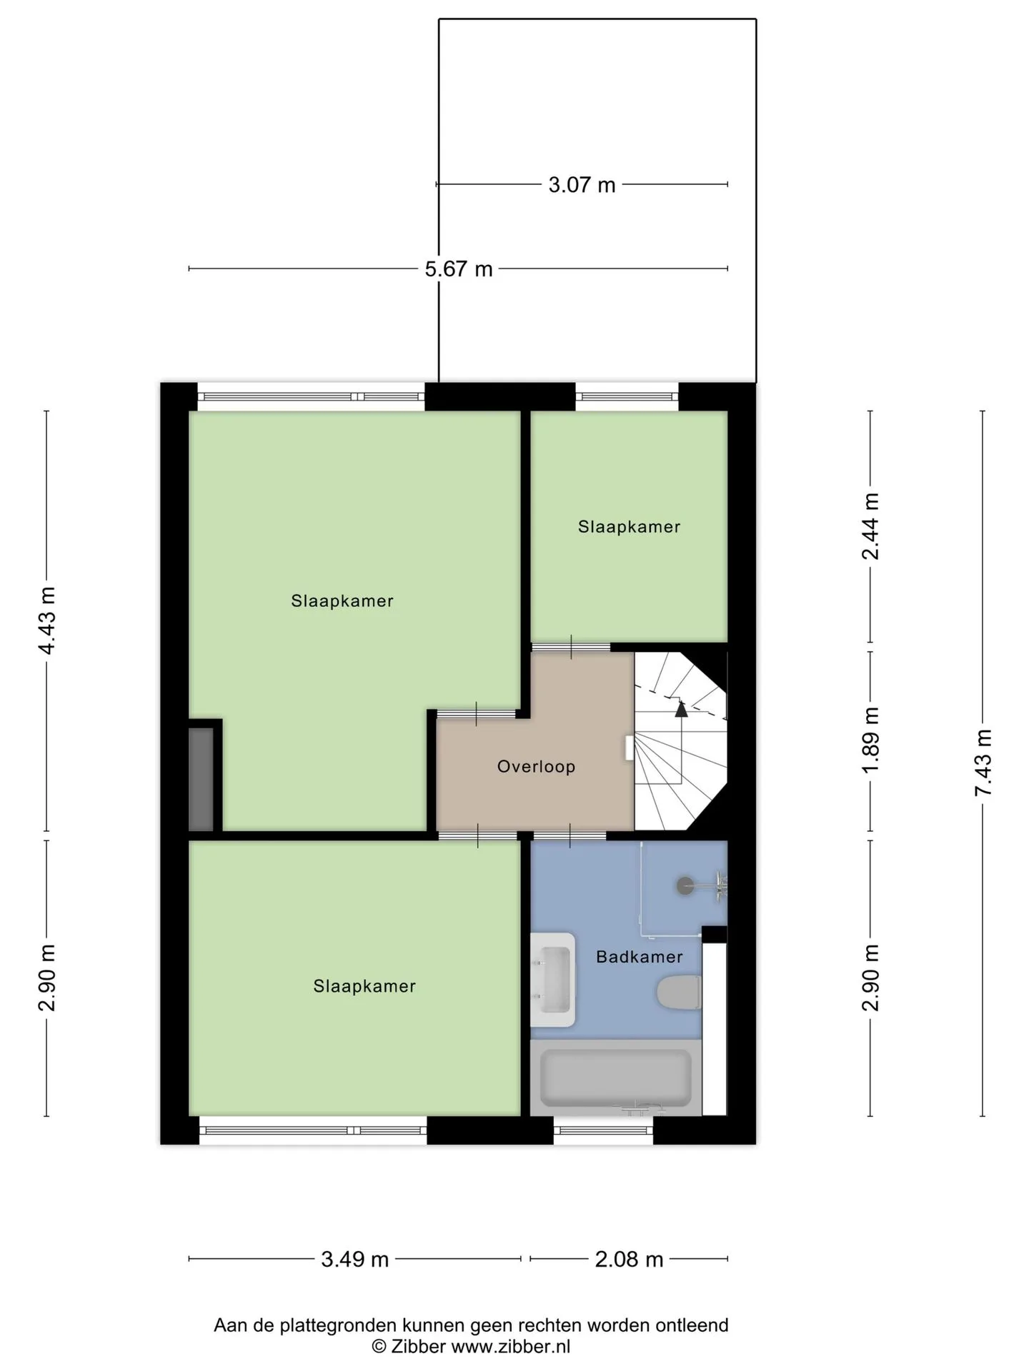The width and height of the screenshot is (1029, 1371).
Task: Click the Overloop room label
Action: point(536,767)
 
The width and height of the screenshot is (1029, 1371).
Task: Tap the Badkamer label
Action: point(640,957)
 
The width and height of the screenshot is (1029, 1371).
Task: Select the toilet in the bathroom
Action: point(678,993)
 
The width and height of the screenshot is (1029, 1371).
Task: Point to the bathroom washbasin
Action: point(553,980)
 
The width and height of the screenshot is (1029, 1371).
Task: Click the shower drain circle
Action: point(685,885)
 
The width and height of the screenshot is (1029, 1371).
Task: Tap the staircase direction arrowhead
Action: point(681,708)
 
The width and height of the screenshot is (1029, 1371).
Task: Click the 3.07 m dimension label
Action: point(582,185)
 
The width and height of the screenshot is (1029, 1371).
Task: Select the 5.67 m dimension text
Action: point(459,269)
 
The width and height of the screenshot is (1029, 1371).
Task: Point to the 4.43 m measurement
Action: point(47,621)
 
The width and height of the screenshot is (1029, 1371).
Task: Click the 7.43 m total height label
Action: point(983,763)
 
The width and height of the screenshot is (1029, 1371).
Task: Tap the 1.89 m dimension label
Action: point(870,740)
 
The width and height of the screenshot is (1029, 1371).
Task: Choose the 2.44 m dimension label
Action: point(870,527)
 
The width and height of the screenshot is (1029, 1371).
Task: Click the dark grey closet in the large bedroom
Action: point(201,779)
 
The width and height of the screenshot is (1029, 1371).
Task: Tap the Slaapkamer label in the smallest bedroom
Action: point(629,527)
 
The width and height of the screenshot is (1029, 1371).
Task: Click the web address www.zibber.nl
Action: point(511,1347)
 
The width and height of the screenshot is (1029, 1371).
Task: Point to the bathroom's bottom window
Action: point(604,1130)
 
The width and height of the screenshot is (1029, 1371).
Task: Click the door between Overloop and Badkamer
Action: point(570,835)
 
